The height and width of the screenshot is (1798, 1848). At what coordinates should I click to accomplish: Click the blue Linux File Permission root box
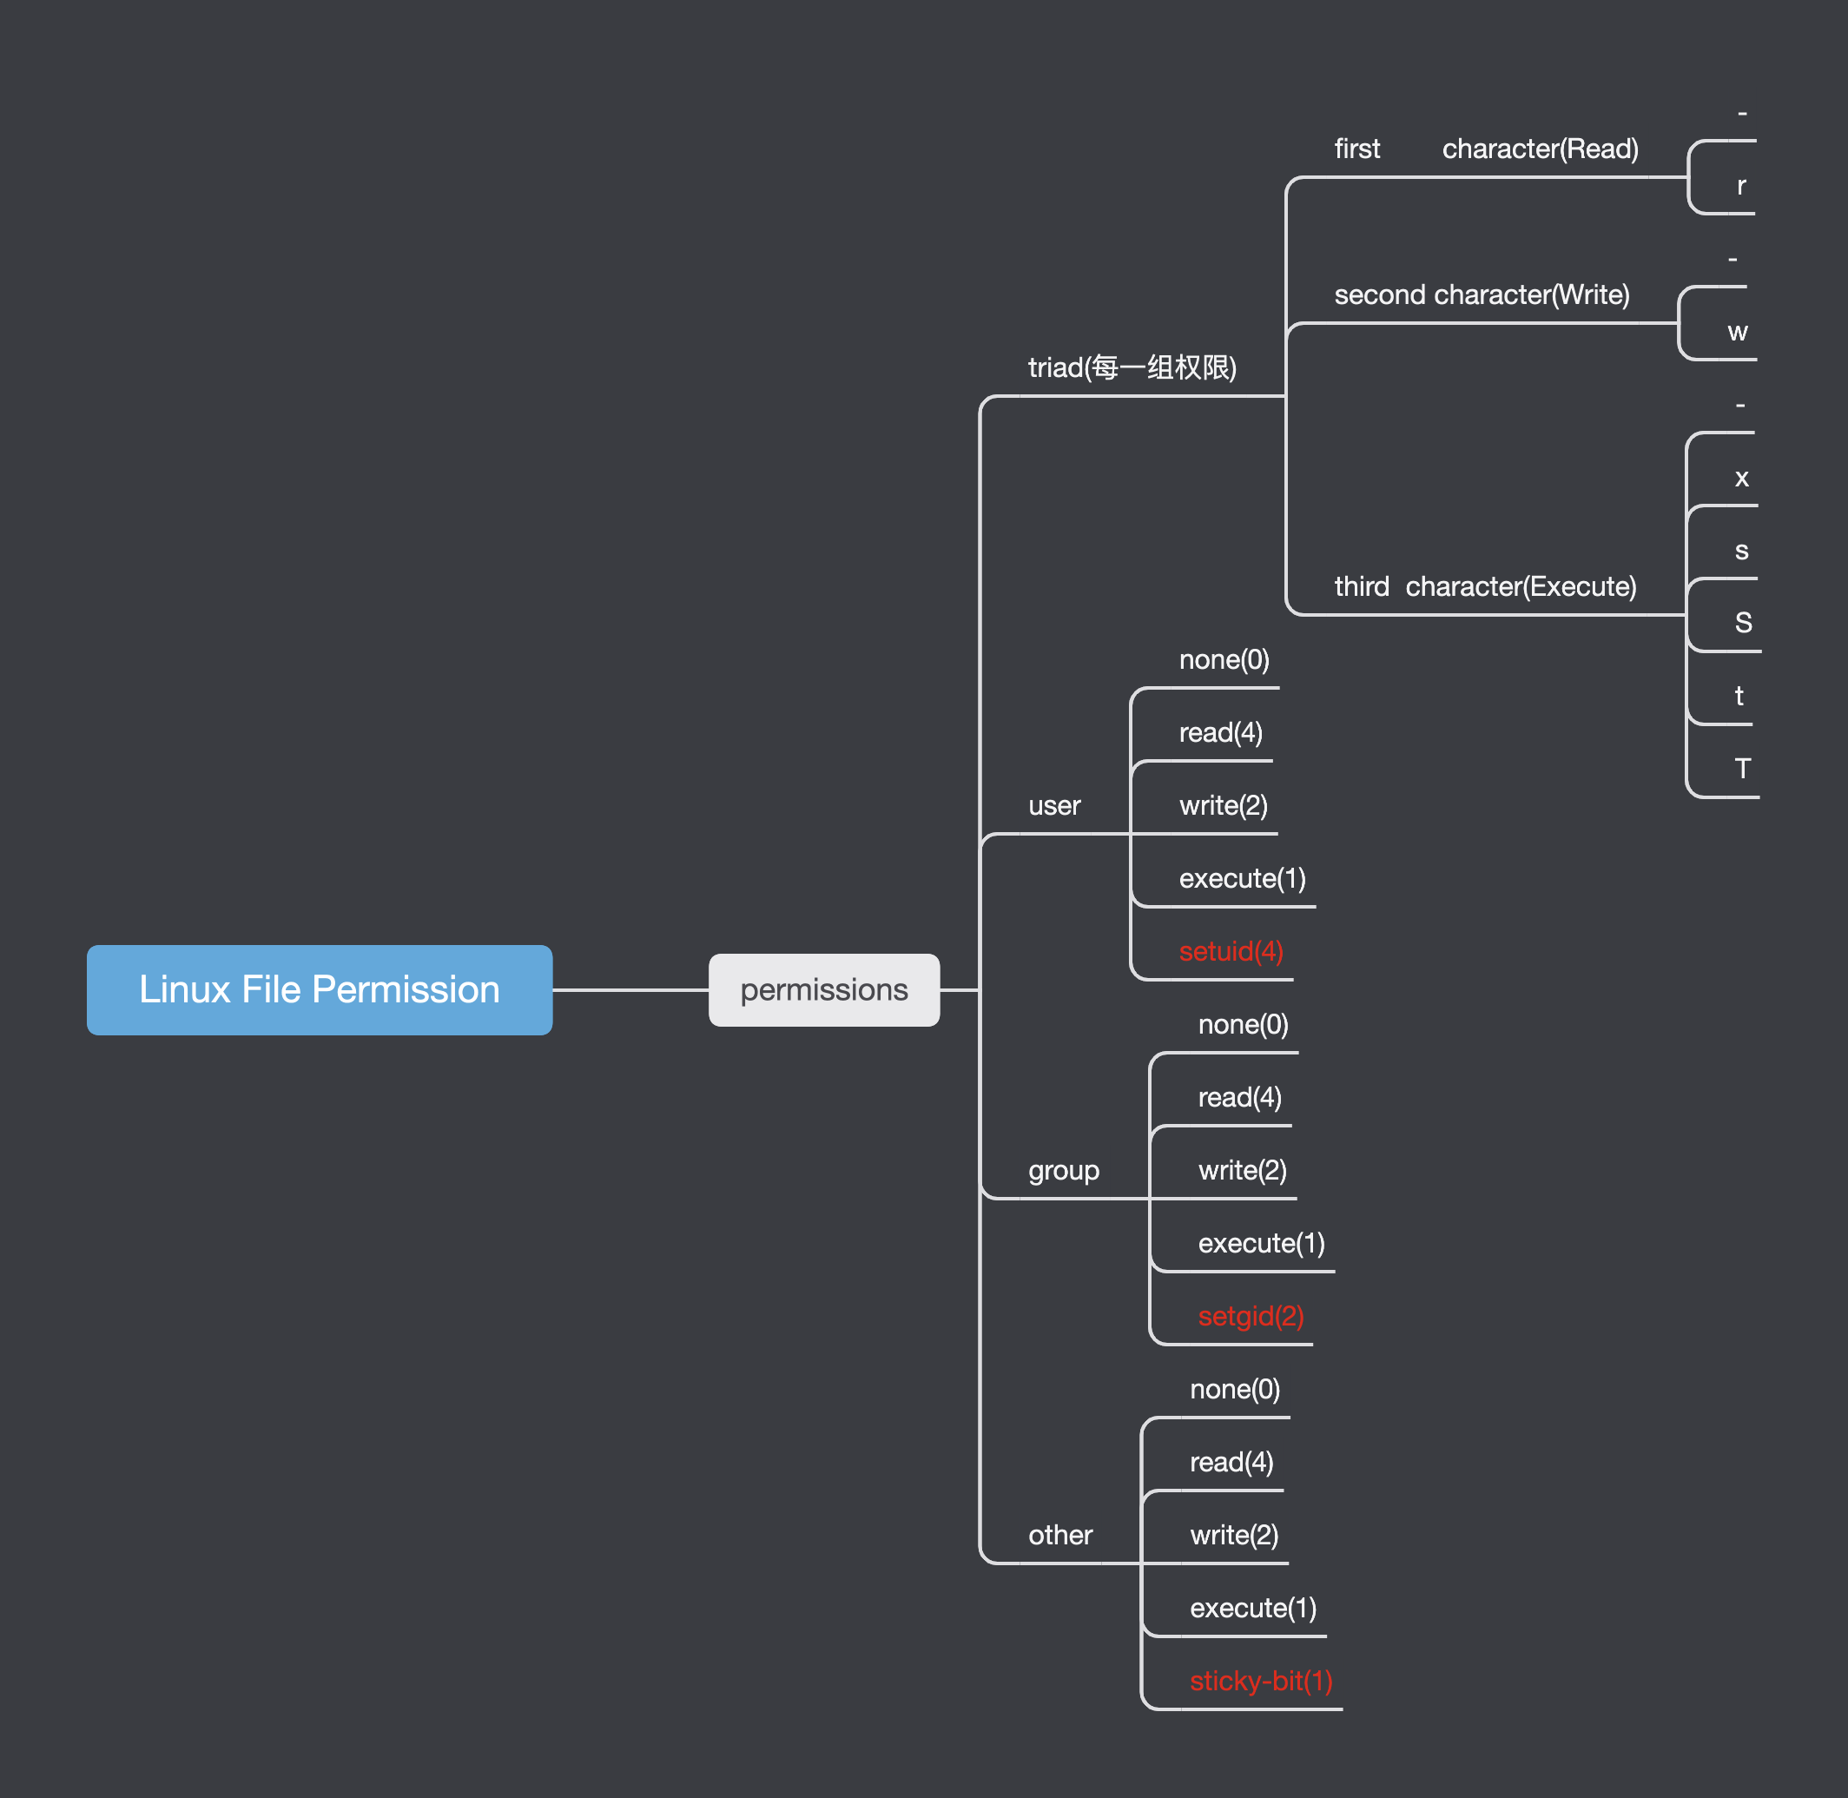(x=320, y=989)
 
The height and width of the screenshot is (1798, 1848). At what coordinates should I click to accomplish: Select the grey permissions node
(x=823, y=989)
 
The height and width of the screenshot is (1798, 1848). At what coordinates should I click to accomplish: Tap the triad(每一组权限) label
(x=1132, y=367)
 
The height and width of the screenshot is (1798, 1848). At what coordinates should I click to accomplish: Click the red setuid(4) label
(x=1231, y=951)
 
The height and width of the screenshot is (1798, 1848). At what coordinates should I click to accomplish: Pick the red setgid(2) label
(x=1251, y=1315)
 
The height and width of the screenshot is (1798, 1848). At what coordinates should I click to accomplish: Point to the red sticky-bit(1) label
(x=1261, y=1680)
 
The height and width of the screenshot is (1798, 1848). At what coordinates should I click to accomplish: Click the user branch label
(x=1054, y=805)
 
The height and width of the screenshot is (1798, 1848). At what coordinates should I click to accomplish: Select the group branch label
(x=1063, y=1170)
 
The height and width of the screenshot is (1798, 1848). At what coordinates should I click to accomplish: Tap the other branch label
(x=1059, y=1535)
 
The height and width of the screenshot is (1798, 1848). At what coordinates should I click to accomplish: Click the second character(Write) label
(x=1482, y=294)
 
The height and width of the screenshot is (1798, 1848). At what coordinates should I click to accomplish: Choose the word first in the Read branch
(x=1357, y=149)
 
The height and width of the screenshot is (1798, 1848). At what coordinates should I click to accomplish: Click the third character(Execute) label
(x=1484, y=586)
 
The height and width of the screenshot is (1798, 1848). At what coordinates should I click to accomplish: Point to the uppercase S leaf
(x=1743, y=622)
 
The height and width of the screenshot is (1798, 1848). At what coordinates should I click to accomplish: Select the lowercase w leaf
(x=1738, y=332)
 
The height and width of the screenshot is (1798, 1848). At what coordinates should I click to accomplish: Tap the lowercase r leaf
(x=1741, y=186)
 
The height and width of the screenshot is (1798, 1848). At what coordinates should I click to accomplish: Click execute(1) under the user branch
(x=1242, y=878)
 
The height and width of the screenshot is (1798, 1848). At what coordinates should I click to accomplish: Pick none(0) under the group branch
(x=1243, y=1024)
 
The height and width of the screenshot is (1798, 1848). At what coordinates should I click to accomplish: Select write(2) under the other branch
(x=1234, y=1535)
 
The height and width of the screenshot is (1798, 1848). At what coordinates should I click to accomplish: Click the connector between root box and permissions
(x=630, y=989)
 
